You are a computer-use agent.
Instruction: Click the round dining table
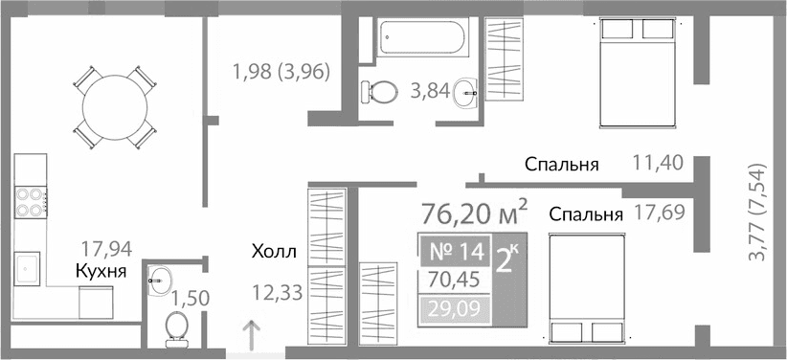(x=114, y=105)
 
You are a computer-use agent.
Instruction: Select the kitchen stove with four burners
(x=30, y=201)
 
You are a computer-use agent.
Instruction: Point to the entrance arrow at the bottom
(x=251, y=336)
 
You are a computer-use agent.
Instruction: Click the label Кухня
(x=101, y=273)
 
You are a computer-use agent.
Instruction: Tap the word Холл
(x=275, y=254)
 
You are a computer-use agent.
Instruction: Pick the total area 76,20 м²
(x=475, y=210)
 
